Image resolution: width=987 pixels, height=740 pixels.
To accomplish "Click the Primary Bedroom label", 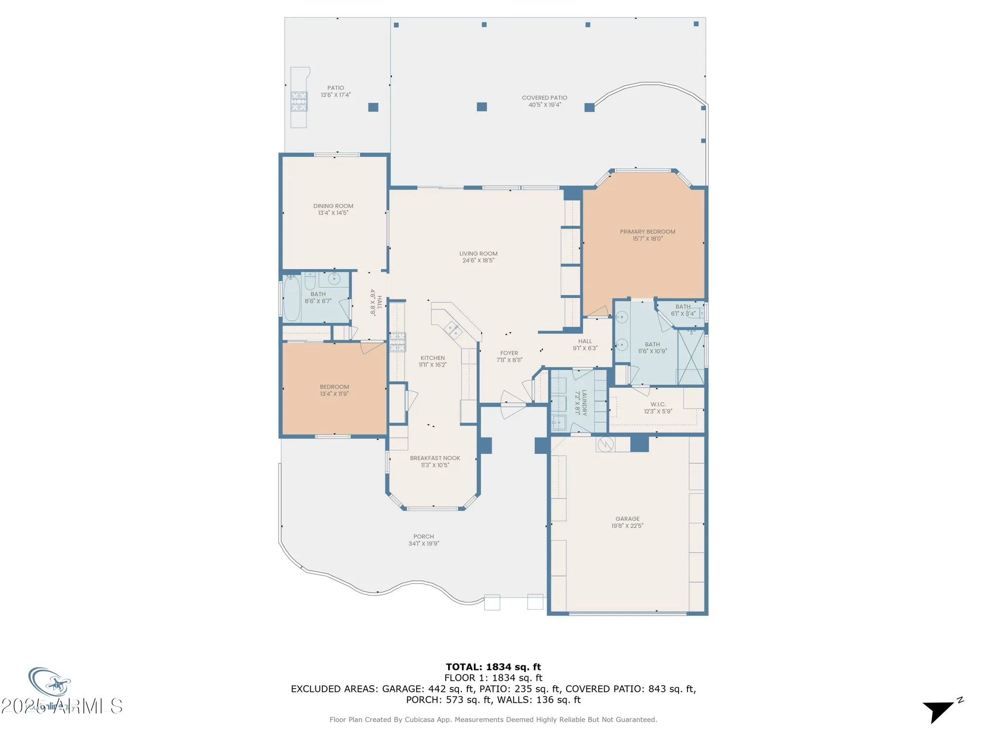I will [647, 231].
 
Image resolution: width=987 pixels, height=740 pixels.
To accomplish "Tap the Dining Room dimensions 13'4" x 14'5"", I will [333, 213].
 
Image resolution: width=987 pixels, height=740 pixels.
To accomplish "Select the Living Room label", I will [478, 254].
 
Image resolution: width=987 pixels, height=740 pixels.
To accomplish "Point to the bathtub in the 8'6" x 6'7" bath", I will [292, 298].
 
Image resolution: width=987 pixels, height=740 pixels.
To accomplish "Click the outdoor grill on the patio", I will [299, 102].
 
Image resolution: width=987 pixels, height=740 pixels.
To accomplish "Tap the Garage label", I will [627, 518].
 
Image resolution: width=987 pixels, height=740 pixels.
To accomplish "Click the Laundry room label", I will [584, 402].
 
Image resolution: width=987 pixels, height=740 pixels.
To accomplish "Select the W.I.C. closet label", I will [658, 404].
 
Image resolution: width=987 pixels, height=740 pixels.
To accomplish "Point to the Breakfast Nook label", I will [435, 458].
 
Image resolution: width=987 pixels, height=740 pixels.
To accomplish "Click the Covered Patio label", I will [544, 98].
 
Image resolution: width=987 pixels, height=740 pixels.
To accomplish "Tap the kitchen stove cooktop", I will [398, 342].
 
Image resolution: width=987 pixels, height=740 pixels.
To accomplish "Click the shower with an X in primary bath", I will [691, 357].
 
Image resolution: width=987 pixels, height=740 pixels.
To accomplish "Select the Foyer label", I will [509, 353].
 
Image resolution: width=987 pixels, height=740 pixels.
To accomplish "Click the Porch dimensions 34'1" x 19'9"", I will [423, 544].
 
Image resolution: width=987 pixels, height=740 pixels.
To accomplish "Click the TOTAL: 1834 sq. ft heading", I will [493, 667].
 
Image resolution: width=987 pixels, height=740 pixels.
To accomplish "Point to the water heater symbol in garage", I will [606, 444].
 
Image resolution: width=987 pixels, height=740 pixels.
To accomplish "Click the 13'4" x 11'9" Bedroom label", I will [334, 387].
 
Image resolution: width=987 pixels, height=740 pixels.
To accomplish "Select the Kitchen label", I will [432, 358].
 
